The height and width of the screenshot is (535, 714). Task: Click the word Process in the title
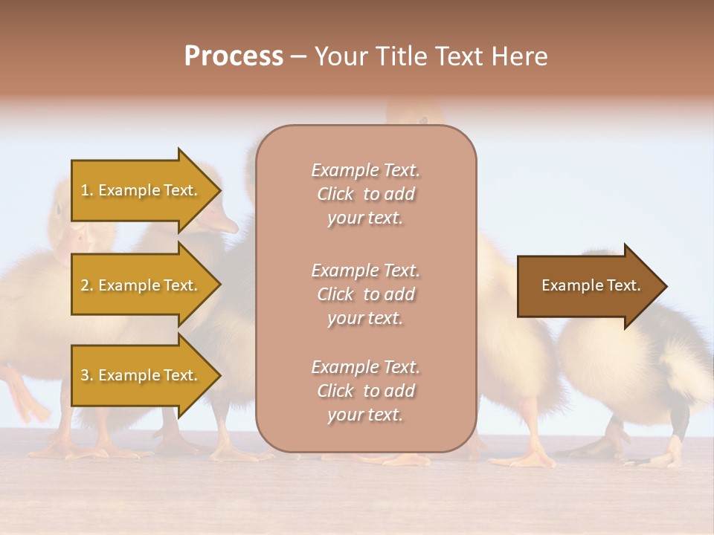[234, 56]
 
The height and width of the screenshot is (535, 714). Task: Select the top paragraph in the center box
[365, 194]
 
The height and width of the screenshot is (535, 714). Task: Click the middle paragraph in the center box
[365, 294]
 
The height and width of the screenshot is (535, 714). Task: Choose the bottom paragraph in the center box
[365, 391]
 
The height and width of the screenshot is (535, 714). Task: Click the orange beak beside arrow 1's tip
[223, 222]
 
